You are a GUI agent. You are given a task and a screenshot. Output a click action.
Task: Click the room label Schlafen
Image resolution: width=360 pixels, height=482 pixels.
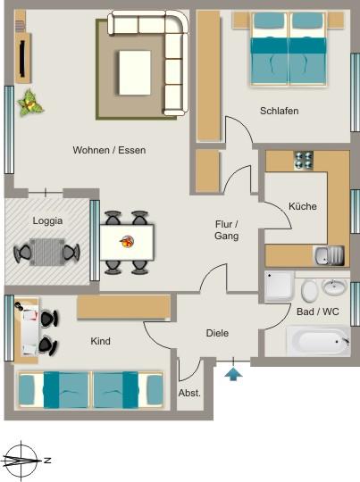point(279,112)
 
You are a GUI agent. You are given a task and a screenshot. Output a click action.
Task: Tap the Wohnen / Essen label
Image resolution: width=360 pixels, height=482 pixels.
point(109,151)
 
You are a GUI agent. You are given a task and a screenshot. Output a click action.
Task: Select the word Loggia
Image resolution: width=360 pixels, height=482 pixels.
point(47,221)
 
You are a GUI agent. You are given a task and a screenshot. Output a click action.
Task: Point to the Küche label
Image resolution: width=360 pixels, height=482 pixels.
point(303,206)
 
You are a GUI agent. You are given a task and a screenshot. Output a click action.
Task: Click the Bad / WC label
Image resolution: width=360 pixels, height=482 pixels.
point(317,312)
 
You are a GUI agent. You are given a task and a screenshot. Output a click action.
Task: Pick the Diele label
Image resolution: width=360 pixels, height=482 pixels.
point(217,333)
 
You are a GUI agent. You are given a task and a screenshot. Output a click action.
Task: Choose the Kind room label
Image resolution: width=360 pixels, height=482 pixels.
point(100,341)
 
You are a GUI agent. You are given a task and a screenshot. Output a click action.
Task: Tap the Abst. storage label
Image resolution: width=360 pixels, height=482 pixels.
point(189,392)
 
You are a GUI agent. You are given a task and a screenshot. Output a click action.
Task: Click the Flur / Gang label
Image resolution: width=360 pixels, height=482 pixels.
point(227,230)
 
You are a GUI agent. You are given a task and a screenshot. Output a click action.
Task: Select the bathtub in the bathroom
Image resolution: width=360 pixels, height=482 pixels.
point(317,341)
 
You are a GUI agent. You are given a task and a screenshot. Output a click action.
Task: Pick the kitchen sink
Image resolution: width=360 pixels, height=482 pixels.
point(329,256)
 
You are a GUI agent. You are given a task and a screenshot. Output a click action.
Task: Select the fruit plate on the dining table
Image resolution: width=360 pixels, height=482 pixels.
point(127,240)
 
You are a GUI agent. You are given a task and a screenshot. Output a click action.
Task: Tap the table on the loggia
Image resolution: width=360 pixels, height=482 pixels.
point(47,251)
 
